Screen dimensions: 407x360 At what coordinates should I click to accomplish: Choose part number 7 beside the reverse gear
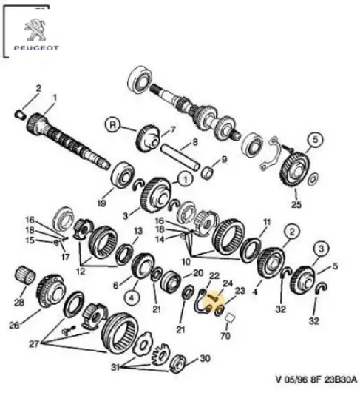pos(172,128)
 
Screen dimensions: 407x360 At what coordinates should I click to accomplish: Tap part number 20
pos(197,272)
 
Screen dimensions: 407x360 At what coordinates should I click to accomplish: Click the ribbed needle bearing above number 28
pos(26,279)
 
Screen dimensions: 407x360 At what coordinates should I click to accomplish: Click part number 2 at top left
pos(40,88)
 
